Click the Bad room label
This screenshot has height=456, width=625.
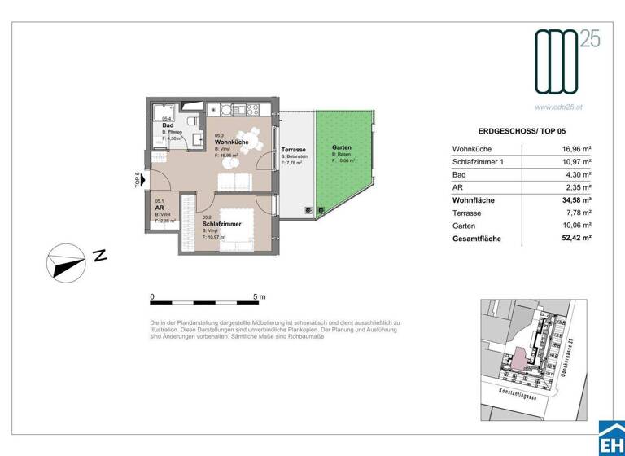click(168, 125)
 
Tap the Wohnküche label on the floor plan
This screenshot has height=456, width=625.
click(231, 142)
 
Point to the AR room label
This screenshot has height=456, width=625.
click(160, 207)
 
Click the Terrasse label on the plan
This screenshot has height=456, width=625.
click(293, 151)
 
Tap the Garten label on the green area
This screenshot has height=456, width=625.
click(341, 147)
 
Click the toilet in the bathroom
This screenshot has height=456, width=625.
click(188, 122)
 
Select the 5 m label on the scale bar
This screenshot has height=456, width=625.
click(259, 297)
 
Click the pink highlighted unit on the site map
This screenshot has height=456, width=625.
click(516, 357)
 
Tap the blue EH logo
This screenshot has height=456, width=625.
click(611, 440)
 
